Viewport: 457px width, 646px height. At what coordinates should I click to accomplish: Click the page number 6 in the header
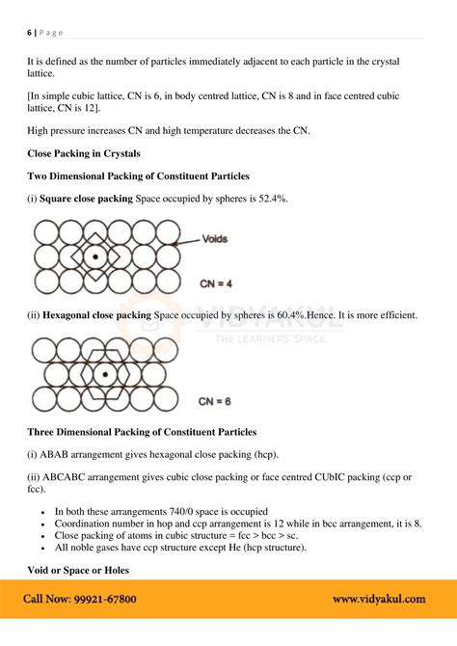[x=29, y=33]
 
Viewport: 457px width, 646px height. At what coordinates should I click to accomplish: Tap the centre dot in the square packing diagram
[x=94, y=258]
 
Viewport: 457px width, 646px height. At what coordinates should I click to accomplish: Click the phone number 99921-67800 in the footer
[x=102, y=599]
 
